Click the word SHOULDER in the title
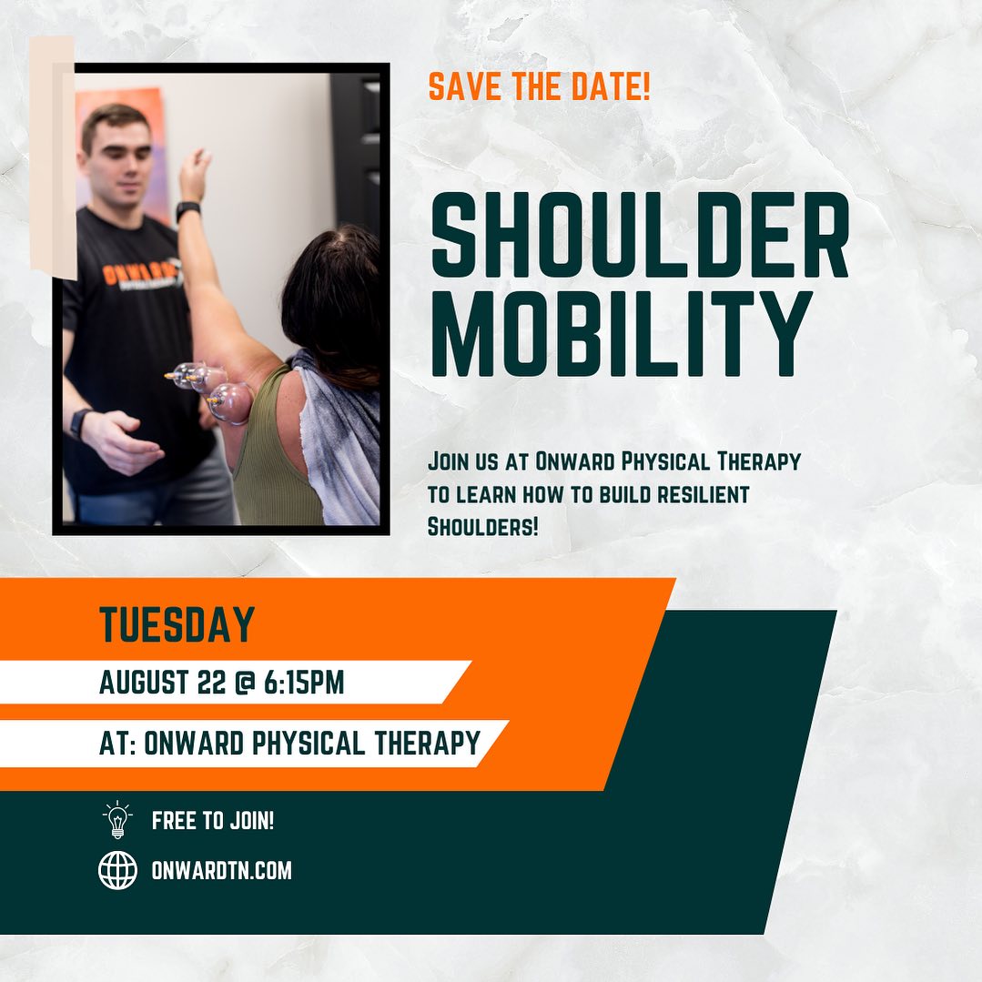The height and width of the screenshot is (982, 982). pos(640,235)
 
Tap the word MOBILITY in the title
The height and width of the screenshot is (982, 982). pos(622,333)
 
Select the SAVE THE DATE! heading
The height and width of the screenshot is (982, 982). pos(539,86)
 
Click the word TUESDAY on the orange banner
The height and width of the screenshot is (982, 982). pos(177,624)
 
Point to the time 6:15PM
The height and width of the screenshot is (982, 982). pos(304,682)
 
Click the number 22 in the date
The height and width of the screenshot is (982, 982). pos(210,682)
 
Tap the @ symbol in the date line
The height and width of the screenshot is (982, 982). pos(244,683)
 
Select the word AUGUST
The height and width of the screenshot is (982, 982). pos(144,682)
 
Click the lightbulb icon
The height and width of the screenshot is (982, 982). pos(117,820)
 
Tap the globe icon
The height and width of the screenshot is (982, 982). pos(117,870)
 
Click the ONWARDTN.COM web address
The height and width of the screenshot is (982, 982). pos(222,871)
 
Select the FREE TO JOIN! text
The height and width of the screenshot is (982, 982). pos(213,820)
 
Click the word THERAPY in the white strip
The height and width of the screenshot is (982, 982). pos(427,744)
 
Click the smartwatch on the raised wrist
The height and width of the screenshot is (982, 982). pos(187,210)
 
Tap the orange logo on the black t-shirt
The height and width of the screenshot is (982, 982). pos(137,274)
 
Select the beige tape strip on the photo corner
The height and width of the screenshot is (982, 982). pos(53,157)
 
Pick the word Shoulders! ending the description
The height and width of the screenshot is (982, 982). pos(483,527)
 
